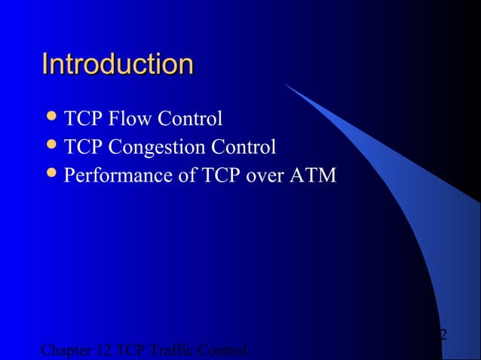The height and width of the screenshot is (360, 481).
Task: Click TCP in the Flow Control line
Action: point(84,119)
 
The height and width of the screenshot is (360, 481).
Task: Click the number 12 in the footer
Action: point(104,351)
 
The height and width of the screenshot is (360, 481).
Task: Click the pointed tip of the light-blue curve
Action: point(286,84)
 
